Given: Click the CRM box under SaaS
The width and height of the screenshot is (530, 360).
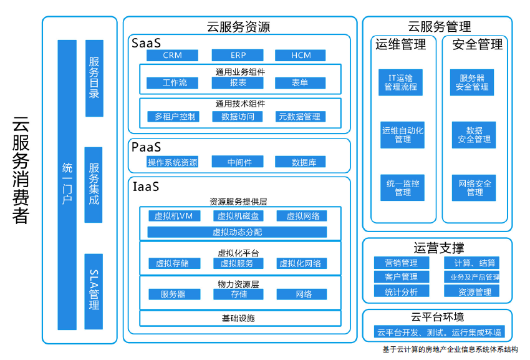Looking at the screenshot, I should point(172,56).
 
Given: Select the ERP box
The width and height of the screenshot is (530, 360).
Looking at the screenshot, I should point(238,56).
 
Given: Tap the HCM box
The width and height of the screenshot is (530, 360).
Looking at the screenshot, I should point(301,56).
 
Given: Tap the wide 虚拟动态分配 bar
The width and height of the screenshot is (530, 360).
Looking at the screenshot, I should point(237,232).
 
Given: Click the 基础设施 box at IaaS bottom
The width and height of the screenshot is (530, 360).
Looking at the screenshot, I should point(238,318).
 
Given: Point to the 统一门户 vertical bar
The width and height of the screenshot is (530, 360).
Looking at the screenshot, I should point(67,184).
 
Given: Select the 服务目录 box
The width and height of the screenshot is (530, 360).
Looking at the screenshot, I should point(94,78).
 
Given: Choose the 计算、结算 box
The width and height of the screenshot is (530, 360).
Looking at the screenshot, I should point(475,263).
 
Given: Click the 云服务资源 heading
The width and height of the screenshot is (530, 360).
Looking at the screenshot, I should point(238,27).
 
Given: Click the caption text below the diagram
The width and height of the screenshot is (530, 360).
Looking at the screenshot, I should point(450,349).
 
